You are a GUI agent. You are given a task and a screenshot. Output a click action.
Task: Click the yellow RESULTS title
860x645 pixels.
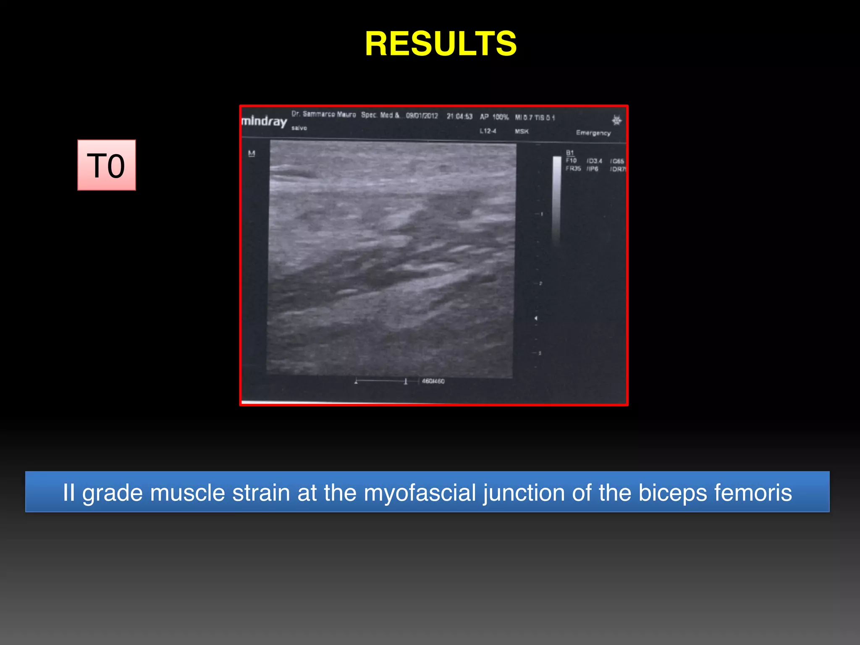click(440, 44)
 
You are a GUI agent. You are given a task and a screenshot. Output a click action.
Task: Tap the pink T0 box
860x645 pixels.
click(107, 165)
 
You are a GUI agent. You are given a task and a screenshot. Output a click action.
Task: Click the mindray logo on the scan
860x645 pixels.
click(264, 121)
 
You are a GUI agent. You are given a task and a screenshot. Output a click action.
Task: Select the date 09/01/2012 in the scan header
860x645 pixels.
click(422, 115)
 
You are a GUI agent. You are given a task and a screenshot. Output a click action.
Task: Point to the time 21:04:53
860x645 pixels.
click(459, 116)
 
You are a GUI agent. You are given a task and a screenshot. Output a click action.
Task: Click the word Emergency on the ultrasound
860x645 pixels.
click(593, 133)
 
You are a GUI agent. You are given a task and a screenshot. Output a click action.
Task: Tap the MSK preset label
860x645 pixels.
click(522, 131)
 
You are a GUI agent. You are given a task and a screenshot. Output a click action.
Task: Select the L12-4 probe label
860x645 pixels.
click(488, 131)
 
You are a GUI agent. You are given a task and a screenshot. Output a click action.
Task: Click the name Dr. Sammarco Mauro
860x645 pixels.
click(323, 114)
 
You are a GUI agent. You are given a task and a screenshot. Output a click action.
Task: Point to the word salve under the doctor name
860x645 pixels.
click(299, 128)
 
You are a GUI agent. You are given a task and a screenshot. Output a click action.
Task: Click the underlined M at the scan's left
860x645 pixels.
click(252, 154)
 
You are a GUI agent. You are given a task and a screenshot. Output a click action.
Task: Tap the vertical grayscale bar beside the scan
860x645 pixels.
click(557, 199)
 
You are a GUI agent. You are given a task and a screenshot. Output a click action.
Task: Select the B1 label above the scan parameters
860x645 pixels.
click(570, 153)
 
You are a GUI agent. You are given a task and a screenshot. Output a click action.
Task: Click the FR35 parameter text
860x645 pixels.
click(573, 168)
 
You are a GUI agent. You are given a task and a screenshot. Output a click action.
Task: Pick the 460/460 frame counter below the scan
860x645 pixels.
click(433, 381)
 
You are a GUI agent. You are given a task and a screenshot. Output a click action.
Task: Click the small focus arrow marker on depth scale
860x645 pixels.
click(536, 318)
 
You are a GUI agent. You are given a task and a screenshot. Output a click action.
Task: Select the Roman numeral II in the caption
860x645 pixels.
click(69, 493)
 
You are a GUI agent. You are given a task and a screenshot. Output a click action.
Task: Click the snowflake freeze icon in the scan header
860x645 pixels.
click(616, 121)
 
